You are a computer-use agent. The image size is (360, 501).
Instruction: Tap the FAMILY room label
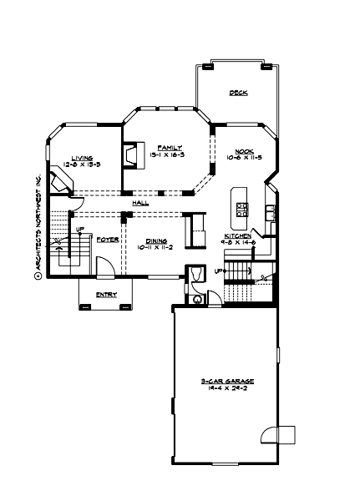[x=155, y=147]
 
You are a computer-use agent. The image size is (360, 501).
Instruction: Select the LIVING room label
[x=81, y=157]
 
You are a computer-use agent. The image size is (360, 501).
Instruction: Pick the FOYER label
[x=106, y=240]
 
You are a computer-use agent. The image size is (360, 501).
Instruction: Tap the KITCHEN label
[x=238, y=236]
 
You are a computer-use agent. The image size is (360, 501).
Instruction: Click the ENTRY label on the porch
[x=105, y=295]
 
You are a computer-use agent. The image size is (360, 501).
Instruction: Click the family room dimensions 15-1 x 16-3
[x=155, y=154]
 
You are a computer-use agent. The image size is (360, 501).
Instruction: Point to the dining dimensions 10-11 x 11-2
[x=155, y=247]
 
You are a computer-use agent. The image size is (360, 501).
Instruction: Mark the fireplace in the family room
[x=130, y=156]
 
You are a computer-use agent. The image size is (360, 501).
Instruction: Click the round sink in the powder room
[x=196, y=299]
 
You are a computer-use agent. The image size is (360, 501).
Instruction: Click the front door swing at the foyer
[x=104, y=267]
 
